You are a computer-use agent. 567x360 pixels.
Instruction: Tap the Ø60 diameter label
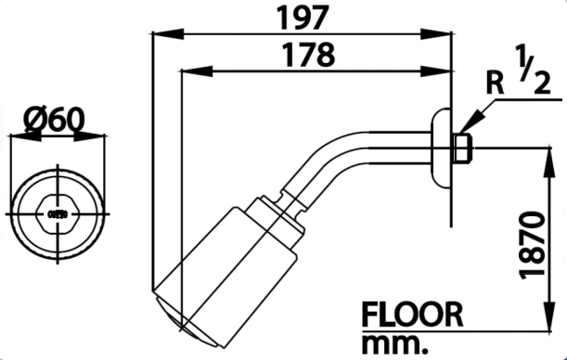57,119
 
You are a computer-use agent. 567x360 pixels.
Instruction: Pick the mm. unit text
393,342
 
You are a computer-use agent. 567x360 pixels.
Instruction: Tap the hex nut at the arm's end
461,146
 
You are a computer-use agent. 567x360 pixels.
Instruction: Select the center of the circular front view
58,213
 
